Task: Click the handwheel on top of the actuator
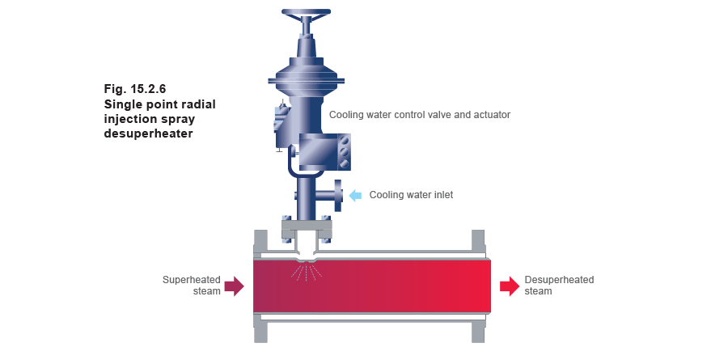tap(306, 14)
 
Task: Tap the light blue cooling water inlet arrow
tap(355, 195)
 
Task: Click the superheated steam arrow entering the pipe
tap(234, 286)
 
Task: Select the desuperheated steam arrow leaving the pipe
tap(510, 286)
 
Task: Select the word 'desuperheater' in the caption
tap(148, 133)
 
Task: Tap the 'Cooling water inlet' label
tap(411, 195)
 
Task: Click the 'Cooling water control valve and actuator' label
tap(420, 116)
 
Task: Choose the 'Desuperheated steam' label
tap(559, 285)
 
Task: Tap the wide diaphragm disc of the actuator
tap(307, 79)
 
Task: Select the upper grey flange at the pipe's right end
tap(478, 241)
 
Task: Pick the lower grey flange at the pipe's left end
tap(260, 329)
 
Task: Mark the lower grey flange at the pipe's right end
tap(478, 329)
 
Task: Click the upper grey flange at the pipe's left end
tap(260, 241)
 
